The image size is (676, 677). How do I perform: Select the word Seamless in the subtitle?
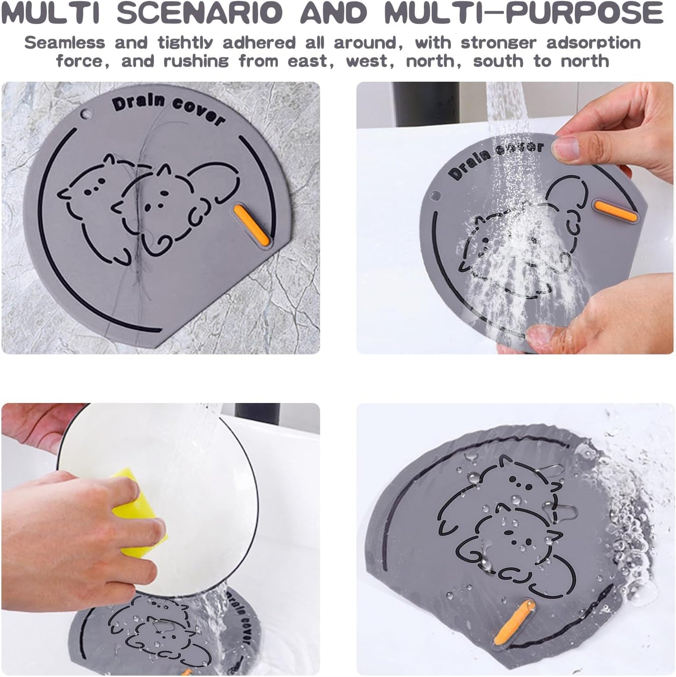coord(65,43)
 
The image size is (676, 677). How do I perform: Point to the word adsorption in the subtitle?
coord(593,43)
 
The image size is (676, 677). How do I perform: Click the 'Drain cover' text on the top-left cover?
coord(168,110)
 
